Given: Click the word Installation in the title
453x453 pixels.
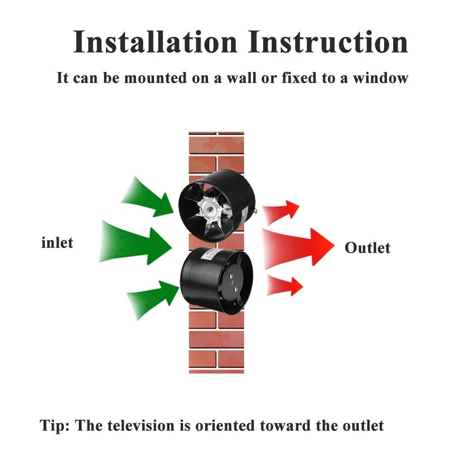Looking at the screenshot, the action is pos(155,42).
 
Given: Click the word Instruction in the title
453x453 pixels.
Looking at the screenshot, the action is pos(328,42).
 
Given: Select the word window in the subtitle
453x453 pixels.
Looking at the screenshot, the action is pos(381,78).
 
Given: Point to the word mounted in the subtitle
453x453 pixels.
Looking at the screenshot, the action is pos(155,78).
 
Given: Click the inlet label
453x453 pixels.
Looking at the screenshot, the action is pos(57,242).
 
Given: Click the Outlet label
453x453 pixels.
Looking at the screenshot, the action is pos(367,248).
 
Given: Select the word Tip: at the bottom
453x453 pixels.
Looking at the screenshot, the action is pos(55,425).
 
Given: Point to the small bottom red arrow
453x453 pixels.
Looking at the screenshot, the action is pos(284,285).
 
